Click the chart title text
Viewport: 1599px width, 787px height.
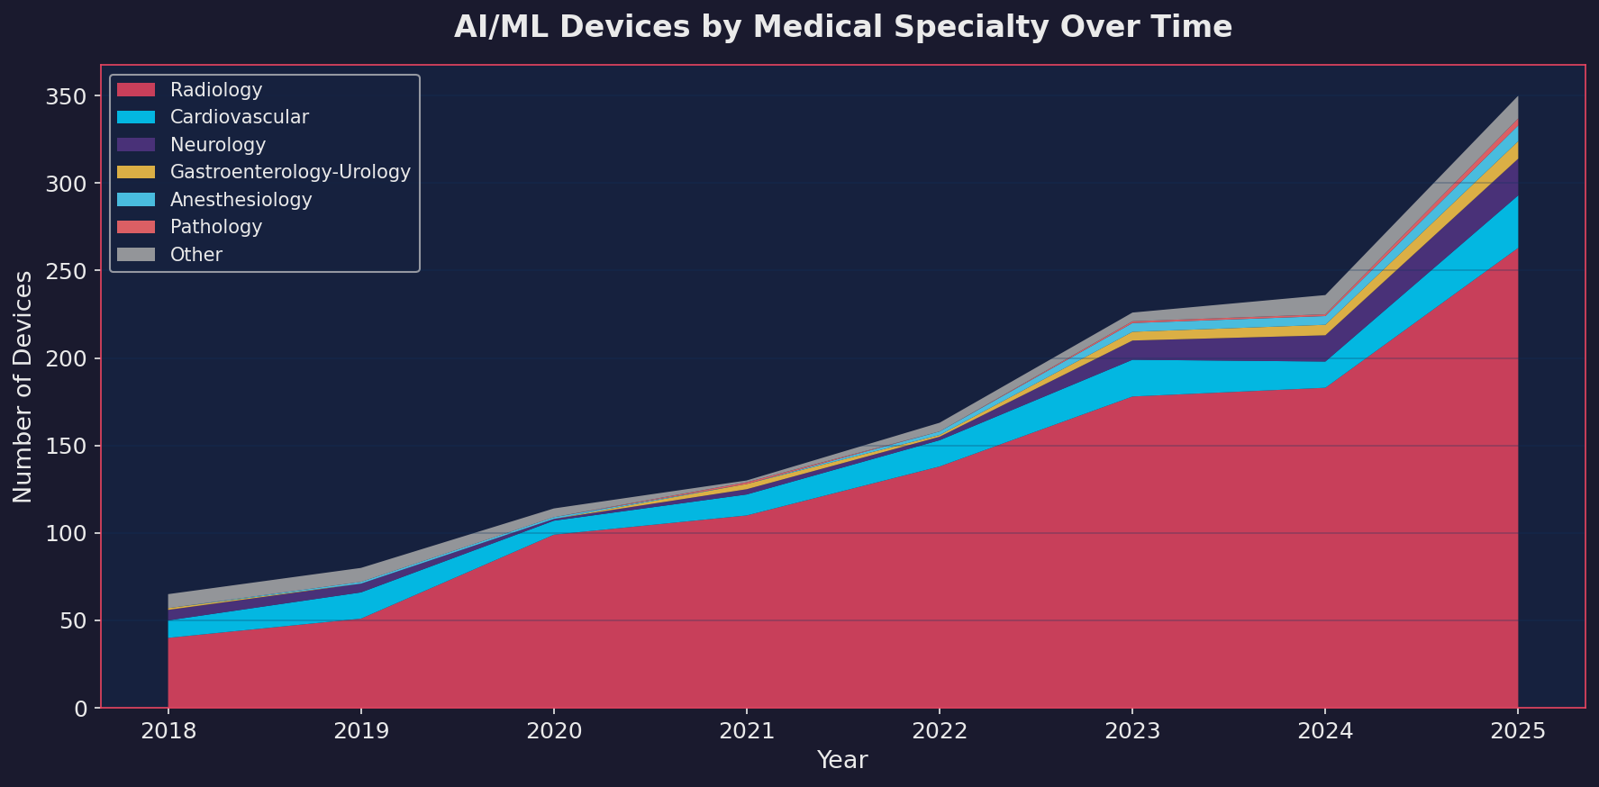click(842, 27)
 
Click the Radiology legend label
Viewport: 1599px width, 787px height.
click(216, 90)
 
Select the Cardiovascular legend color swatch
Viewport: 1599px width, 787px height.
click(136, 117)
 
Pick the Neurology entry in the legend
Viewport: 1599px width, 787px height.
click(218, 145)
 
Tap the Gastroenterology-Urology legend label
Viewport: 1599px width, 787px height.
click(290, 172)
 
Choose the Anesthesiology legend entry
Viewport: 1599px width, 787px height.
click(241, 200)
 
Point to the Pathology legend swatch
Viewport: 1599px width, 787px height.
click(136, 227)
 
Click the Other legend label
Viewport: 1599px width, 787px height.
click(196, 255)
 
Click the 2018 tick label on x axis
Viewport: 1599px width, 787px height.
click(168, 730)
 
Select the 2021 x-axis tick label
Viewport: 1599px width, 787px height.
click(747, 730)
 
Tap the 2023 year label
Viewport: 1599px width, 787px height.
click(1132, 730)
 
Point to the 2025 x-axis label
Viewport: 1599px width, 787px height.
click(1518, 730)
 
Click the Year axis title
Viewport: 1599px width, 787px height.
click(842, 760)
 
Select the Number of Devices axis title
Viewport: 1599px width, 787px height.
click(23, 386)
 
